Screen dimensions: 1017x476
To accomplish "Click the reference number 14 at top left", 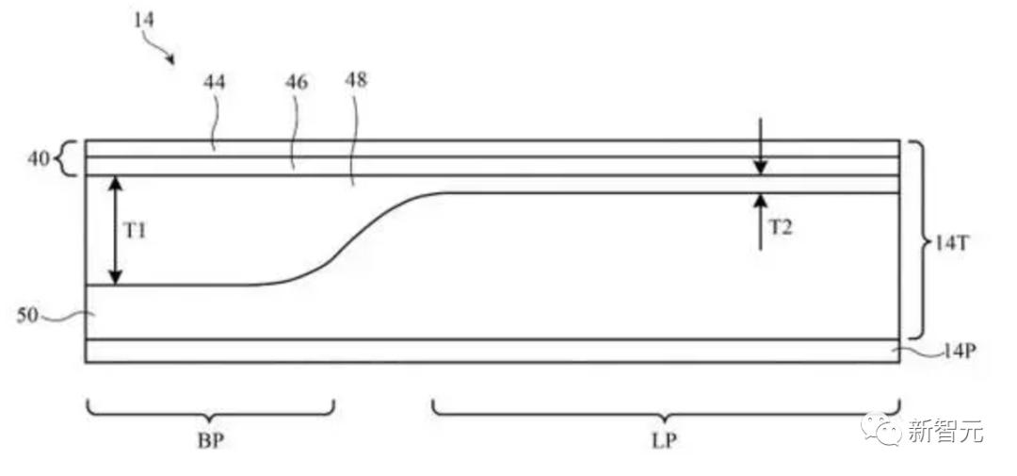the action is [145, 20].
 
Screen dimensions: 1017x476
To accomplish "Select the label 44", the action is [215, 82].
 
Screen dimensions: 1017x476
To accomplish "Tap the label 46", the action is [297, 82].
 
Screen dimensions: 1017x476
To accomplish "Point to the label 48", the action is [356, 80].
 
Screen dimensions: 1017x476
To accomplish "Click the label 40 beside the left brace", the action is [39, 159].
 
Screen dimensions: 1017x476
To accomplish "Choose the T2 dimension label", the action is [781, 227].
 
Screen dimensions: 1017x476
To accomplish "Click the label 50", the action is [28, 317].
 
